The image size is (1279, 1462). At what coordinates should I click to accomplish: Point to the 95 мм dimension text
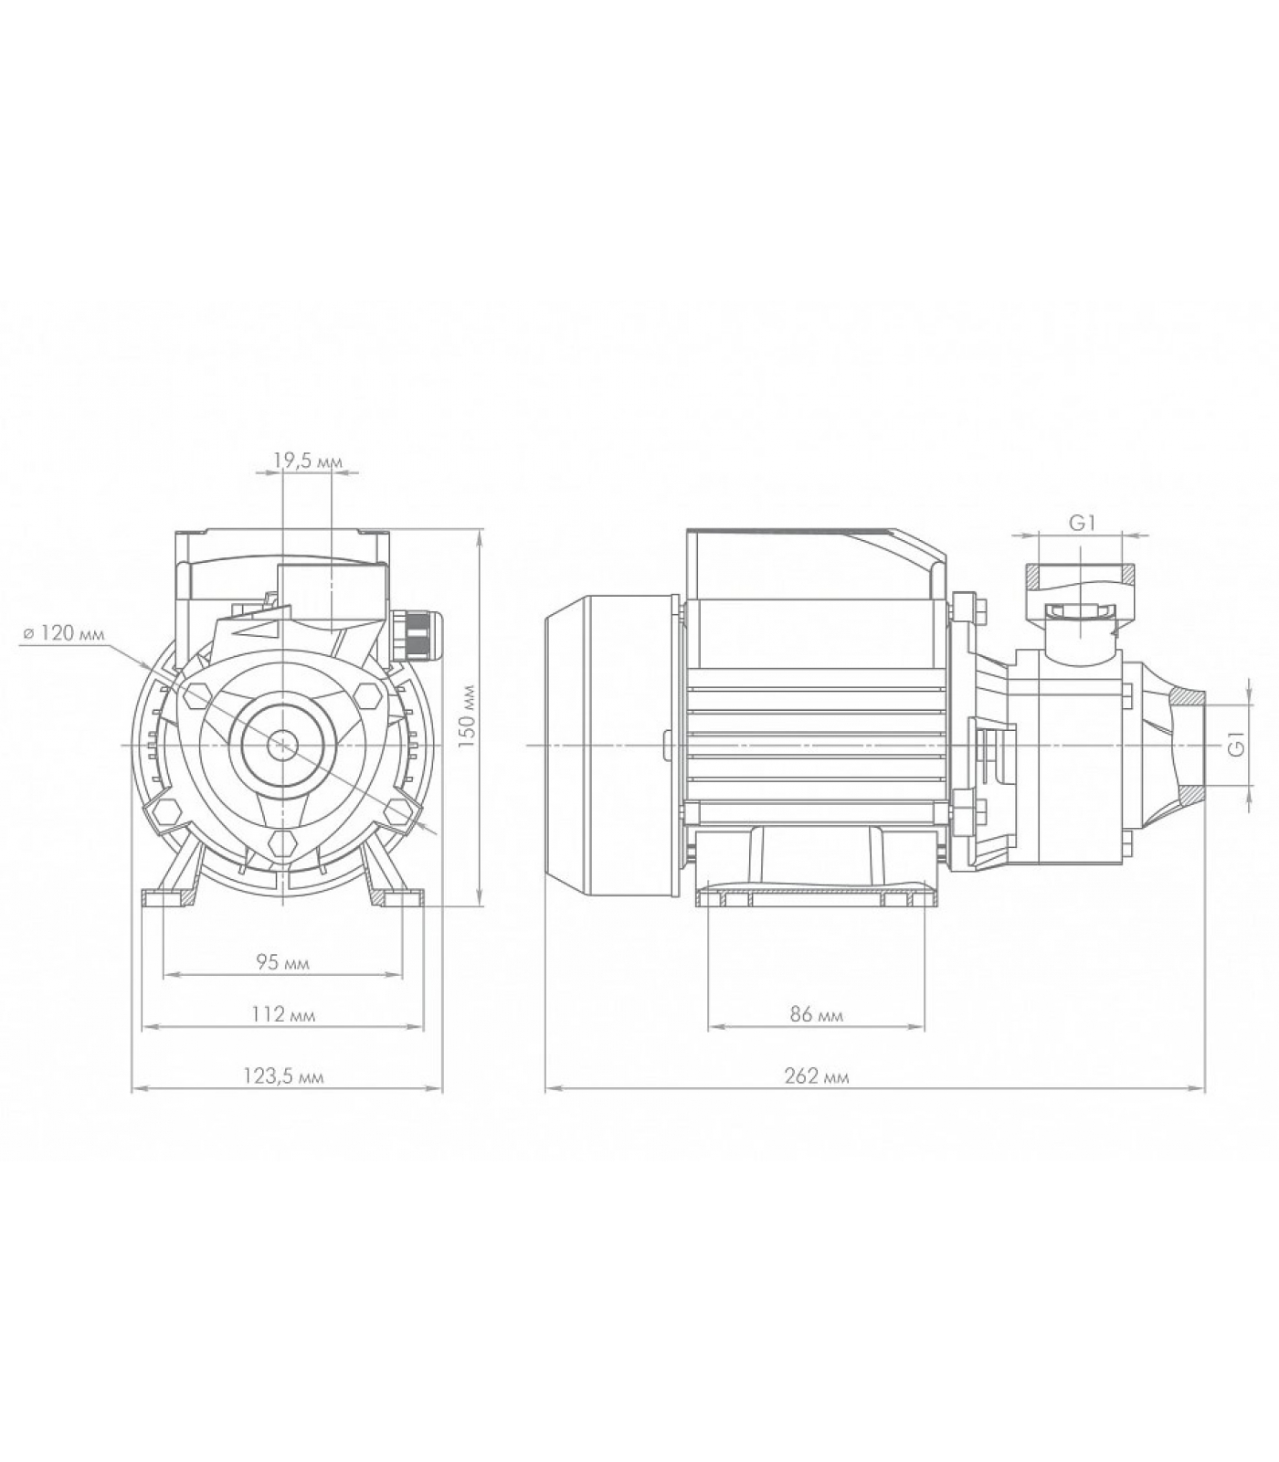coord(282,962)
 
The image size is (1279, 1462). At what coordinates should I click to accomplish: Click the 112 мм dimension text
coord(282,1014)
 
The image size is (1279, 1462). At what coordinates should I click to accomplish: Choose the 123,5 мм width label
coord(283,1076)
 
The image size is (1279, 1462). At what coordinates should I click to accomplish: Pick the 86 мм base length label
coord(816,1014)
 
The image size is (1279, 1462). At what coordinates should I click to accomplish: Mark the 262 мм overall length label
coord(817,1076)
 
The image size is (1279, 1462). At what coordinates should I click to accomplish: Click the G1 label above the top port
coord(1083,523)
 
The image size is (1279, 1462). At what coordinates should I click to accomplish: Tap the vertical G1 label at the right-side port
coord(1236,744)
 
